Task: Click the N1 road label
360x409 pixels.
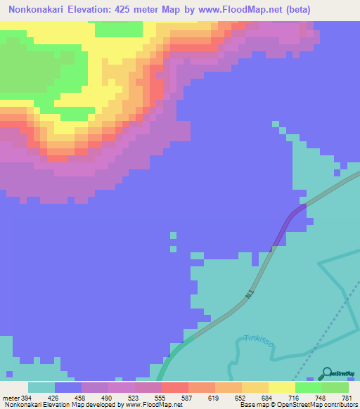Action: [x=250, y=298]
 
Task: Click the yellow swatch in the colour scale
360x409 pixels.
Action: [x=281, y=387]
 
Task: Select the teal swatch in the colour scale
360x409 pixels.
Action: [x=41, y=387]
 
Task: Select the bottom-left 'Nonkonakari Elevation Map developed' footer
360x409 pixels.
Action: [x=63, y=405]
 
